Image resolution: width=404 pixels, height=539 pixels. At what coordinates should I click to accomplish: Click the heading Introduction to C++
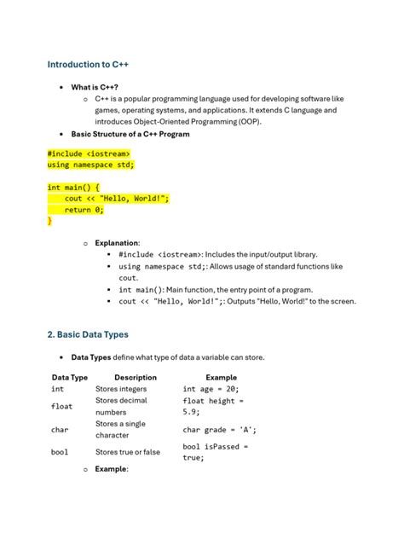(88, 64)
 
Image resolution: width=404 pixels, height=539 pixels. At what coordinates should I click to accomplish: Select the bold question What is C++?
(95, 87)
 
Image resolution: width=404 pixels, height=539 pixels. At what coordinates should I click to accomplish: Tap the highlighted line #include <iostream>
(89, 154)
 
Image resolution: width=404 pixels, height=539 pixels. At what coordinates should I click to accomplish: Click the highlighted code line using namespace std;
(91, 165)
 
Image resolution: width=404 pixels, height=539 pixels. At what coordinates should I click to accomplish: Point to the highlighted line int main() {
(73, 187)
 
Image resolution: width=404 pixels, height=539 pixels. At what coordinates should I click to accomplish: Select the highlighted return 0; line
(90, 209)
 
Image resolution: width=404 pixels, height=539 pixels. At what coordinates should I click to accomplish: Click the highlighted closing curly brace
(49, 220)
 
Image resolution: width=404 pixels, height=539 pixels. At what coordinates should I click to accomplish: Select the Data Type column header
(70, 377)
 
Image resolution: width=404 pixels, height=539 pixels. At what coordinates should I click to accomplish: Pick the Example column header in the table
(221, 377)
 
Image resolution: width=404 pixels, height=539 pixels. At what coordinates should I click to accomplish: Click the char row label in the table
(59, 430)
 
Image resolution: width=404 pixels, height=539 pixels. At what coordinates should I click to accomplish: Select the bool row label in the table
(59, 452)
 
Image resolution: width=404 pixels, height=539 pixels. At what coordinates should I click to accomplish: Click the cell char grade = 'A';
(219, 430)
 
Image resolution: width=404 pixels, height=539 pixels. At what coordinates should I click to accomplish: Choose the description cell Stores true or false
(127, 452)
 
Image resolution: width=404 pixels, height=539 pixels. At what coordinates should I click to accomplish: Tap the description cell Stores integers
(121, 389)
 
